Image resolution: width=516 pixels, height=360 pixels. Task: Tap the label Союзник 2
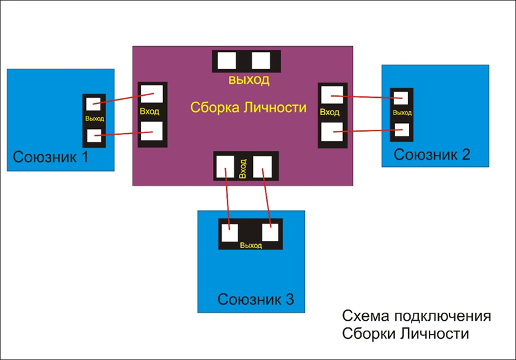pos(432,154)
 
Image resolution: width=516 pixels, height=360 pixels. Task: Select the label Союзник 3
pos(256,299)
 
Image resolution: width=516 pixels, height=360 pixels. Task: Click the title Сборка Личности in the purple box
pos(248,107)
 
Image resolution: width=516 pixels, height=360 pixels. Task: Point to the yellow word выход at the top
pos(249,80)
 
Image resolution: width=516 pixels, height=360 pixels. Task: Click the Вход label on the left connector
pos(150,111)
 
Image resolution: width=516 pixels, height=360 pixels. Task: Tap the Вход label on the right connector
pos(330,112)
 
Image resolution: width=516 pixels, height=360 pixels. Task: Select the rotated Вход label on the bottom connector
pos(243,168)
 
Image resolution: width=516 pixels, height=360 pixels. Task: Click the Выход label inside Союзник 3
pos(250,246)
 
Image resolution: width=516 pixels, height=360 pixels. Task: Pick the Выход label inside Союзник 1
pos(95,118)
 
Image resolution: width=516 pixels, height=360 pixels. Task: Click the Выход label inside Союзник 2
pos(402,112)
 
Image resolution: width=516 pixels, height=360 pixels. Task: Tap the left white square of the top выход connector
pos(228,61)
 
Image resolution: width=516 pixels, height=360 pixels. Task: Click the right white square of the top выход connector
pos(261,61)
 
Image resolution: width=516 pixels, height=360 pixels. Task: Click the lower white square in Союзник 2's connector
pos(401,128)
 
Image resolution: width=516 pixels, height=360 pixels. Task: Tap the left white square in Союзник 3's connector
pos(230,232)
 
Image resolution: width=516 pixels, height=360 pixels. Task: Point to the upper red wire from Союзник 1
pos(127,97)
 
